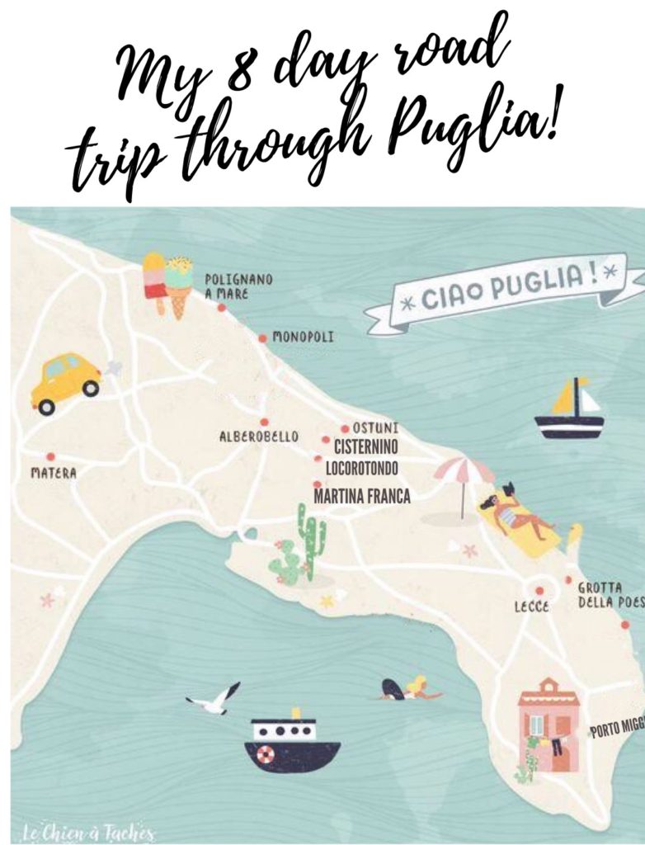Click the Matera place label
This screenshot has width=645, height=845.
tap(54, 474)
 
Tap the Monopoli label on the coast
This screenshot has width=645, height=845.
tap(304, 338)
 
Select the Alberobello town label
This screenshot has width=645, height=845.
tap(259, 437)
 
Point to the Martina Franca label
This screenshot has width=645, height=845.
tap(362, 497)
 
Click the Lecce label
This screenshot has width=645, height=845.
tap(532, 607)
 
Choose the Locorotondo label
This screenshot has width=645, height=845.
tap(362, 469)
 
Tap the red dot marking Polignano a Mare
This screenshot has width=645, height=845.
tap(221, 308)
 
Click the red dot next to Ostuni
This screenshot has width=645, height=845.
tap(345, 428)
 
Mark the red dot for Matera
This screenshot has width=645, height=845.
tap(50, 456)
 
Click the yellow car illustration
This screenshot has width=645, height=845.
tap(66, 382)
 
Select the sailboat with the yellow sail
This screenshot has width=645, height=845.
tap(570, 410)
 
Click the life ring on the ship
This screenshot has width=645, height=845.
tap(265, 754)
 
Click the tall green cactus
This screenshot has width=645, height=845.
tap(311, 541)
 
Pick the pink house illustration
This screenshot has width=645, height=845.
tap(548, 724)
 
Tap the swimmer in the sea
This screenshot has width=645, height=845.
tap(410, 690)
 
